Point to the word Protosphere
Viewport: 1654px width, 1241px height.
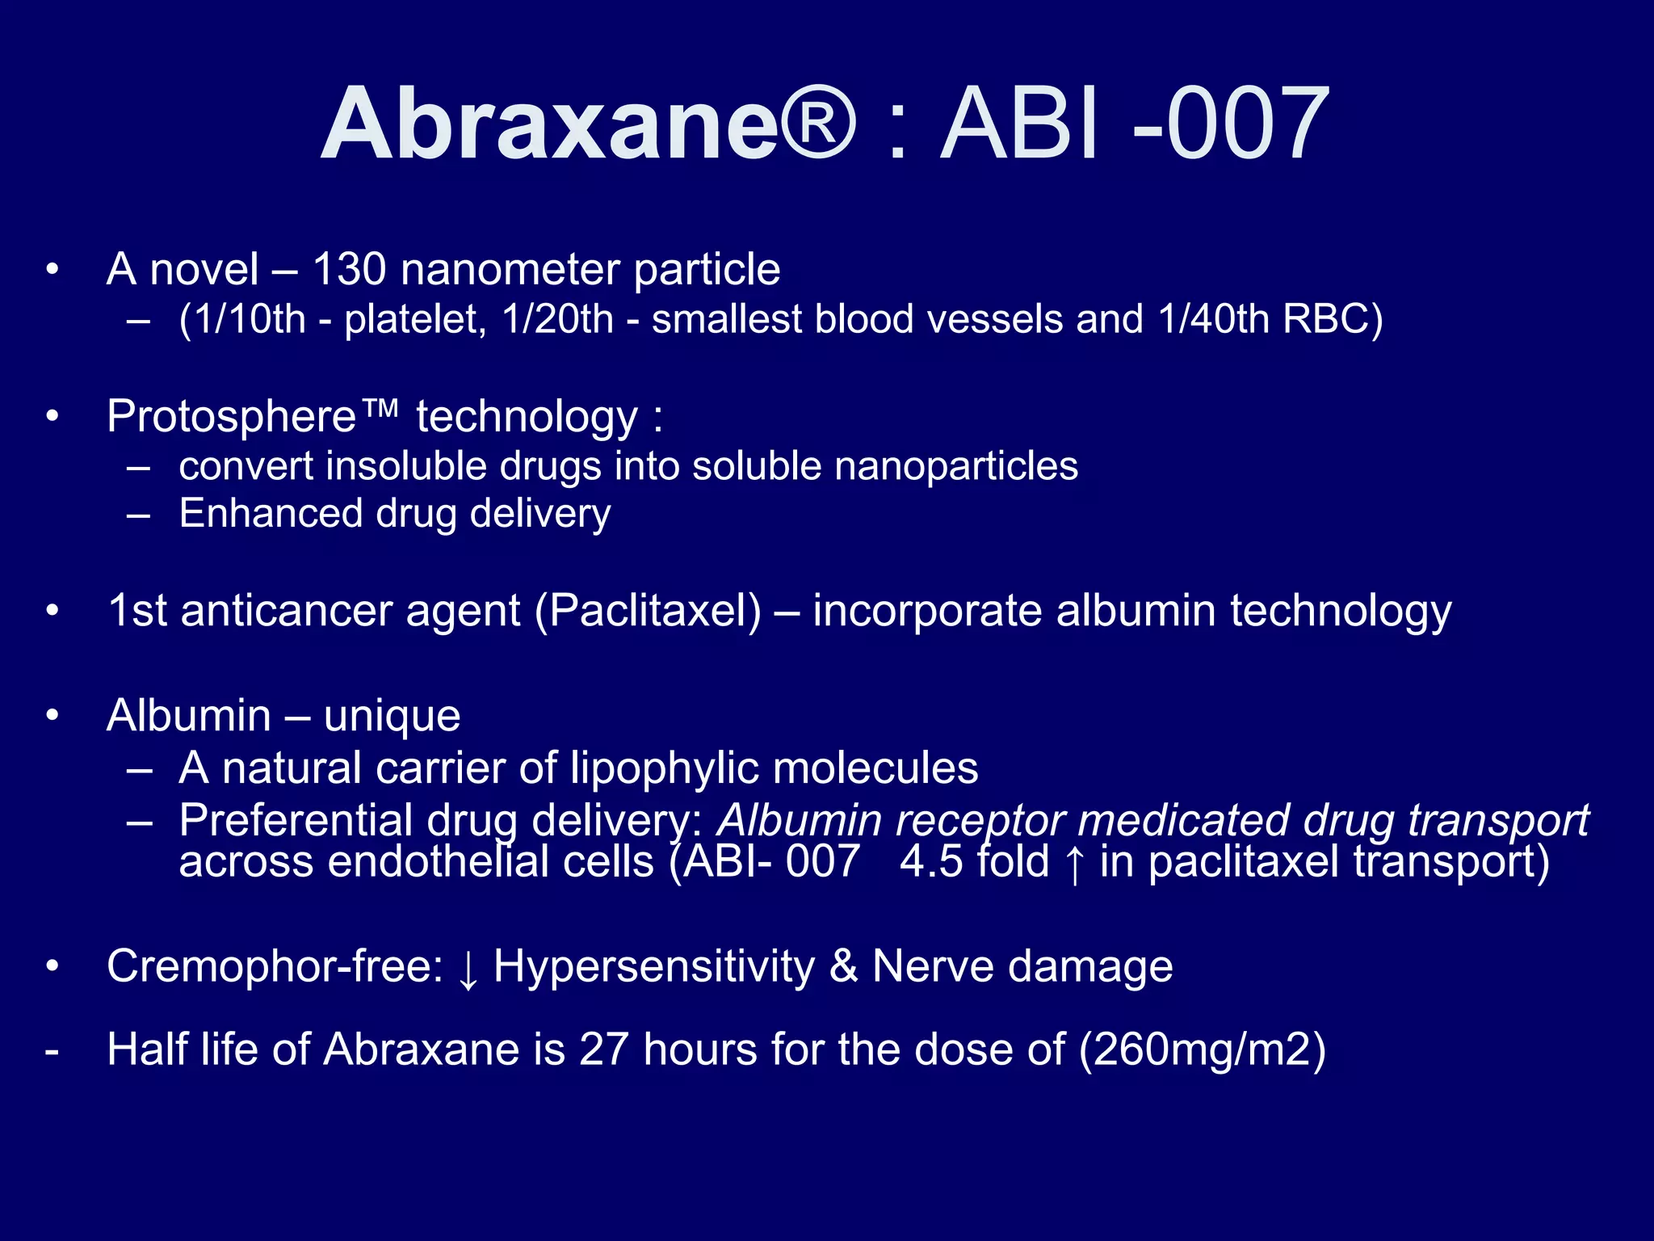tap(232, 417)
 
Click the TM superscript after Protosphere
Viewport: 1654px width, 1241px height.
tap(380, 409)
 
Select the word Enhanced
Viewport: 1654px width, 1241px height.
tap(271, 514)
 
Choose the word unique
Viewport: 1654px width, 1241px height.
tap(392, 717)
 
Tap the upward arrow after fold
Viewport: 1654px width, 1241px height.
tap(1074, 863)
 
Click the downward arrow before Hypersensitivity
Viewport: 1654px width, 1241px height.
tap(468, 968)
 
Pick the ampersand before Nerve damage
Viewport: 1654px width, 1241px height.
tap(843, 966)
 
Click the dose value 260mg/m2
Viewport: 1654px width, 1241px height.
tap(1203, 1050)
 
